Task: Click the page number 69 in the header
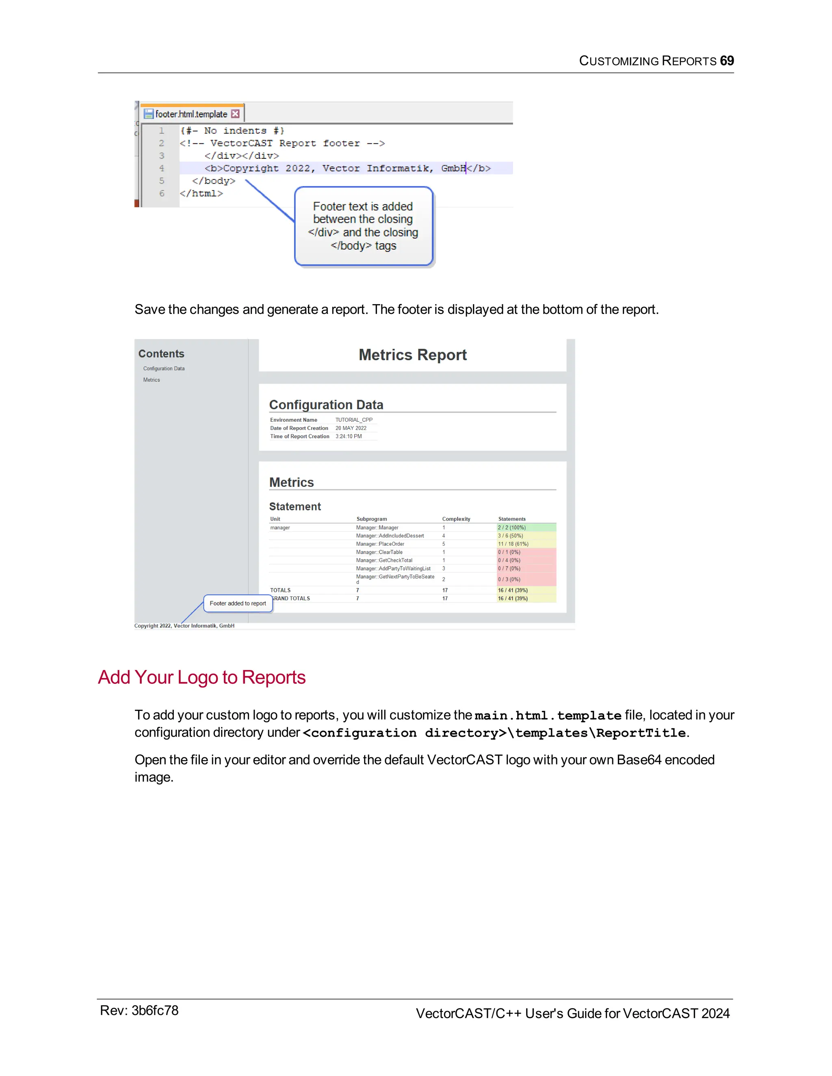tap(726, 60)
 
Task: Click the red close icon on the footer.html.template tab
tap(236, 114)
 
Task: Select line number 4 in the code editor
tap(162, 168)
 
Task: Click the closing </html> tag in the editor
tap(201, 194)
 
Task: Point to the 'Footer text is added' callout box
tap(363, 226)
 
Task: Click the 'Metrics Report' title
tap(413, 355)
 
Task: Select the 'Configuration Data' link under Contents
tap(164, 369)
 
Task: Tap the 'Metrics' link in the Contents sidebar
tap(151, 380)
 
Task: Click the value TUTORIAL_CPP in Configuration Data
tap(354, 420)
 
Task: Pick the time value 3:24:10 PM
tap(349, 436)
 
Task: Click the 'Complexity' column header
tap(456, 519)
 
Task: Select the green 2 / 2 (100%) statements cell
tap(511, 528)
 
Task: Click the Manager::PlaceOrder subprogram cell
tap(380, 544)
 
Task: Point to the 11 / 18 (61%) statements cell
tap(513, 544)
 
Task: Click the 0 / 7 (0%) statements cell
tap(509, 568)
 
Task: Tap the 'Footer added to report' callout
tap(238, 603)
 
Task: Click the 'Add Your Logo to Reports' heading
tap(201, 677)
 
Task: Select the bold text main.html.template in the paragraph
tap(548, 715)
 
